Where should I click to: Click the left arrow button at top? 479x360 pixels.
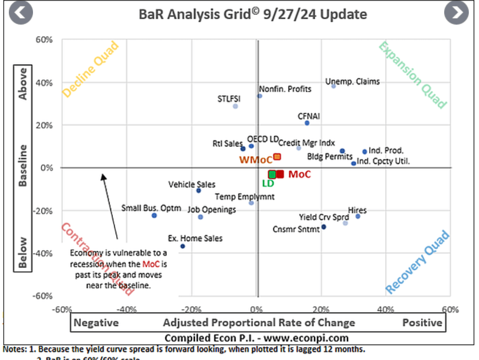point(21,13)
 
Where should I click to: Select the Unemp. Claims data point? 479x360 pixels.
point(334,86)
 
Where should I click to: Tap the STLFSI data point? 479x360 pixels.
point(235,106)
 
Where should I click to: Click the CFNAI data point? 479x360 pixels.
point(307,123)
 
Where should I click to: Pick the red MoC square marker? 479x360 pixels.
point(280,174)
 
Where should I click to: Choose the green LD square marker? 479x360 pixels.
point(272,174)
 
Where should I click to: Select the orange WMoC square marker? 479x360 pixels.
point(277,157)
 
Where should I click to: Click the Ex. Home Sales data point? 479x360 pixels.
point(183,246)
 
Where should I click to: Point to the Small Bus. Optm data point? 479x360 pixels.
point(154,216)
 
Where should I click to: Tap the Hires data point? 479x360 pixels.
point(358,216)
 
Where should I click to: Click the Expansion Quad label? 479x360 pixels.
point(412,74)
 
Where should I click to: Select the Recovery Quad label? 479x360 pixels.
point(418,262)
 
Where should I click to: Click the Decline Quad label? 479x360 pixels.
point(91,70)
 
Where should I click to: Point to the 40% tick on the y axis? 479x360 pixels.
point(45,83)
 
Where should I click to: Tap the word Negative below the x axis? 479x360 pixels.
point(97,323)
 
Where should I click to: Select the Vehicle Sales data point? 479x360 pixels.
point(198,190)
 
